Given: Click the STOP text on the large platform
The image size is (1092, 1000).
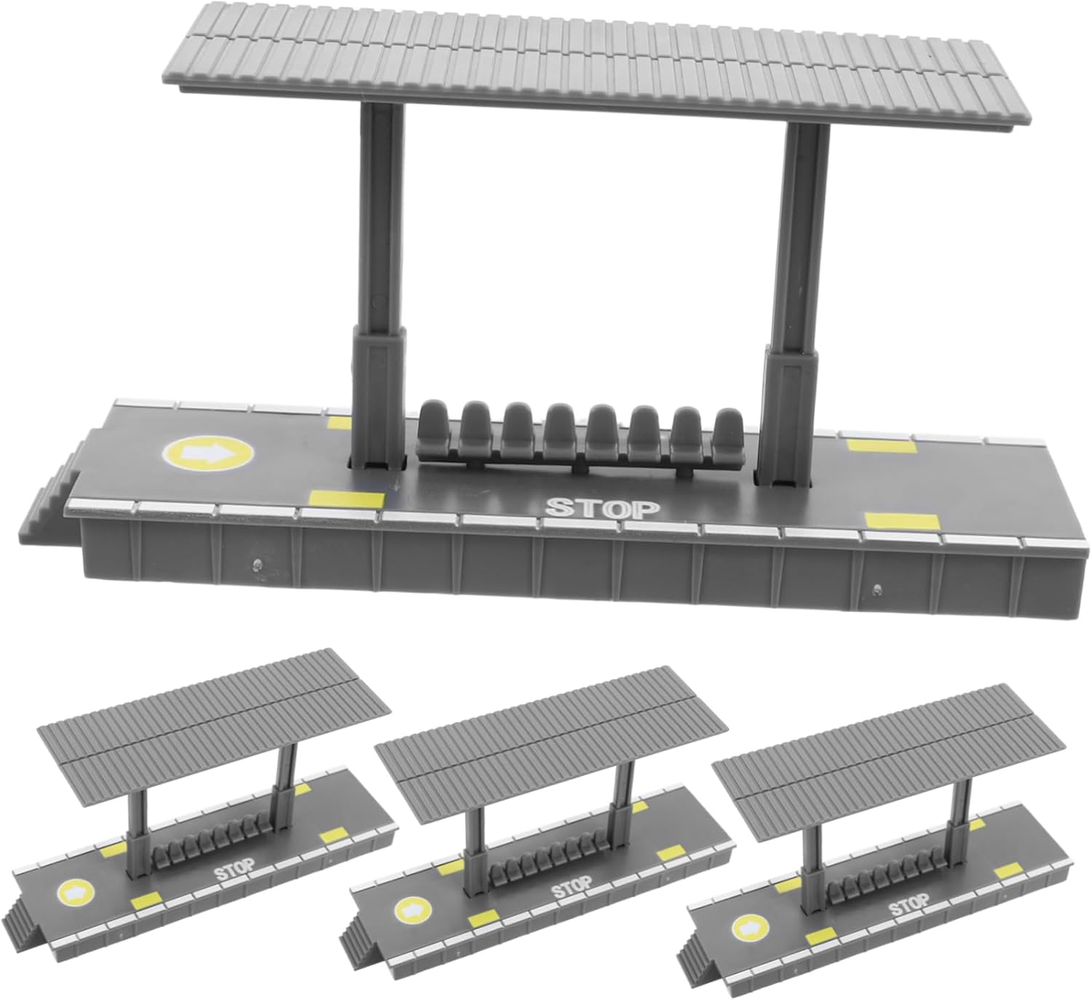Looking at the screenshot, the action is point(604,509).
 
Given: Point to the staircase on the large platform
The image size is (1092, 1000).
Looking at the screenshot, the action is point(52,490).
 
